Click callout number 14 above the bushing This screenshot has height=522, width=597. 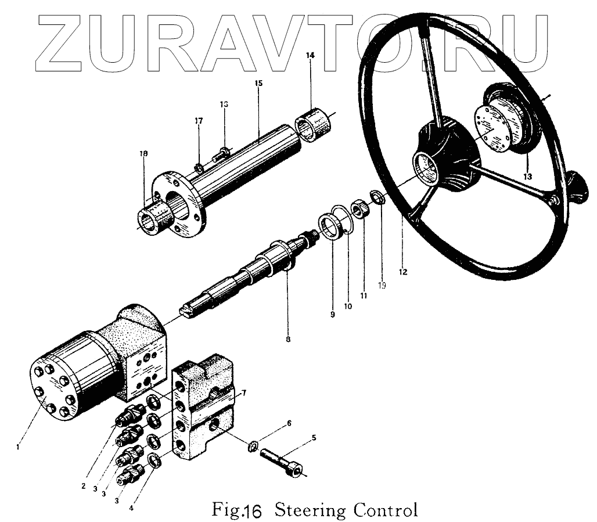tap(310, 55)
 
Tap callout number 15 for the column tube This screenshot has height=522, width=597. tap(259, 84)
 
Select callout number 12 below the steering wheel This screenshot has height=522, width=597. tap(403, 271)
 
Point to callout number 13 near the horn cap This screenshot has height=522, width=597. tap(527, 176)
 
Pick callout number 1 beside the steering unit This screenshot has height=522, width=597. tap(19, 447)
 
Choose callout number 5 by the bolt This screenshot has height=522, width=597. tap(314, 438)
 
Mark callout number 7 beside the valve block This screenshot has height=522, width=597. tap(244, 393)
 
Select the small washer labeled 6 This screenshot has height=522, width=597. tap(253, 447)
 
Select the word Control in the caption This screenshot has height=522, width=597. tap(386, 510)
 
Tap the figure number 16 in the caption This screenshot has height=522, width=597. tap(253, 512)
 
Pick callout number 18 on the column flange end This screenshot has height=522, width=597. tap(143, 154)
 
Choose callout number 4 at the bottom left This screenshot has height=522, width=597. tap(131, 508)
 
